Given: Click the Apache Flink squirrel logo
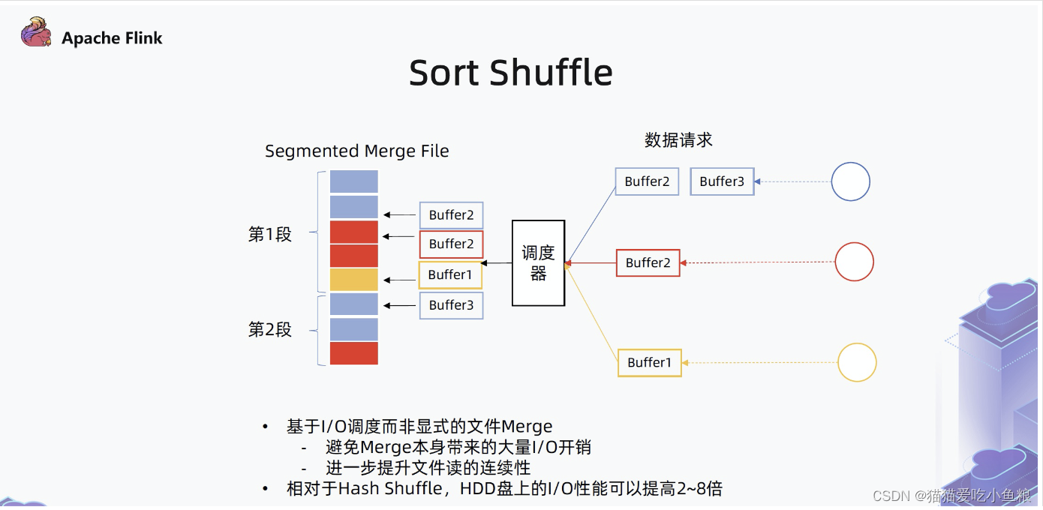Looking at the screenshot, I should point(36,32).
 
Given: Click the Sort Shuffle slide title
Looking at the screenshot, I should point(511,73).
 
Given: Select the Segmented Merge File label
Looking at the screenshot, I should point(356,151).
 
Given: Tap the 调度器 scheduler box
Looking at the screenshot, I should point(538,263).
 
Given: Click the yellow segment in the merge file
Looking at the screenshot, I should point(354,280).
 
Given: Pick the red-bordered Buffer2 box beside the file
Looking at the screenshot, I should point(451,244).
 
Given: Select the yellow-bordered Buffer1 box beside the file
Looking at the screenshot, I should point(450,274).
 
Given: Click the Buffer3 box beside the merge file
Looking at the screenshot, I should point(451,305).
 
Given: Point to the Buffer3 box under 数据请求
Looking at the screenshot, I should point(722,181).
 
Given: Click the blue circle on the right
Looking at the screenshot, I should point(850,181).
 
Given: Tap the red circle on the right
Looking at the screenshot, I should point(854,262).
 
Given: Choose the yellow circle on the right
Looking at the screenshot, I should point(856,362).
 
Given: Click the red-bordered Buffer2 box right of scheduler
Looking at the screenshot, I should point(648,262).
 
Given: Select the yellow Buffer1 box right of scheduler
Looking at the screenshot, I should point(649,363).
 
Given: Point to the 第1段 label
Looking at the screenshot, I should point(269,235).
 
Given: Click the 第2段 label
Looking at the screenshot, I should point(269,330).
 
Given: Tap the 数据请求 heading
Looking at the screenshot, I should point(678,140).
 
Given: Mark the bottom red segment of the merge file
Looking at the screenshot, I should point(354,353).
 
